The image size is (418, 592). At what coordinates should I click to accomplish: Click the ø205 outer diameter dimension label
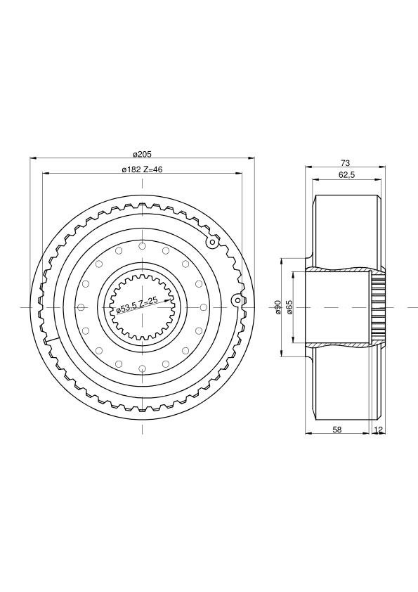pos(142,154)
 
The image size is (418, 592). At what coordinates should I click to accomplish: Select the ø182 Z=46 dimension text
pos(142,169)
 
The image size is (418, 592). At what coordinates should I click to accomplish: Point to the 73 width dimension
pos(345,163)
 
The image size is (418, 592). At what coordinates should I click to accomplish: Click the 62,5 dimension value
pos(347,174)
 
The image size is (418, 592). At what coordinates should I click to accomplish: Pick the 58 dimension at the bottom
pos(337,430)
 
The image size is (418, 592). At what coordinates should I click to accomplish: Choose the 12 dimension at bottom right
pos(379,430)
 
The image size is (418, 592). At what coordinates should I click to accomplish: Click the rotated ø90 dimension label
pos(277,307)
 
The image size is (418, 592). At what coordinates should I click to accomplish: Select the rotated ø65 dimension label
pos(289,307)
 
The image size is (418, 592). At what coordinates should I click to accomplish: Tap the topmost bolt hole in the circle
pos(142,247)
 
